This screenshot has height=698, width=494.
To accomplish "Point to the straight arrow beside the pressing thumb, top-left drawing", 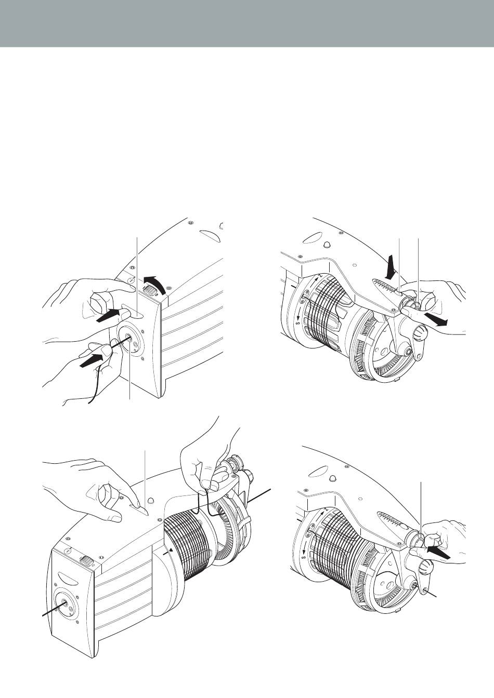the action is coord(108,315).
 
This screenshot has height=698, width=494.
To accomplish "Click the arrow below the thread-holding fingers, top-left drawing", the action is coord(92,359).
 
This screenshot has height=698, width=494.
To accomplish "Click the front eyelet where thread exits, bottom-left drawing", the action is coord(65,602).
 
